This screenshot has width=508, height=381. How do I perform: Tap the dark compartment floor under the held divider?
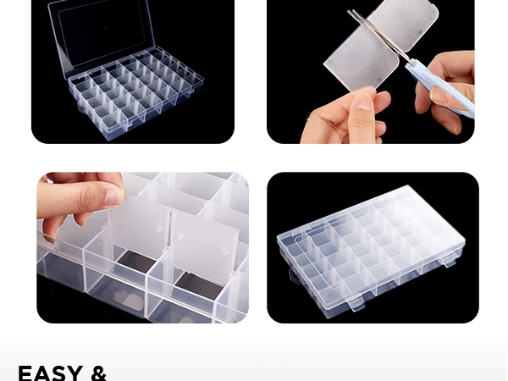pyautogui.click(x=135, y=266)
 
